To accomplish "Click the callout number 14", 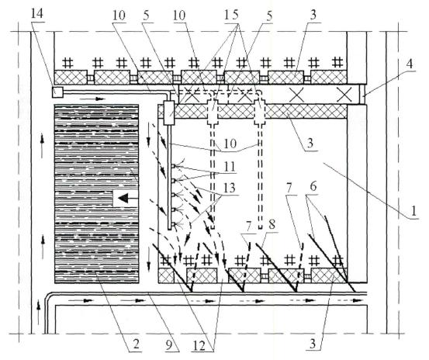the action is [x=37, y=14].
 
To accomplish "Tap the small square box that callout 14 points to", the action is [x=57, y=92].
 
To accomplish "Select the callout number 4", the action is [x=410, y=64].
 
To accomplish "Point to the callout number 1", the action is [x=414, y=211].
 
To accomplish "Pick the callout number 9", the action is [x=169, y=344].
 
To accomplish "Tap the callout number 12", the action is [x=199, y=346].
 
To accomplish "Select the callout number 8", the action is [x=272, y=226].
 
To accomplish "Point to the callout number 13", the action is [x=230, y=188].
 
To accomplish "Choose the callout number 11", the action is [x=230, y=167].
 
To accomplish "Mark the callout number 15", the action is [x=231, y=15].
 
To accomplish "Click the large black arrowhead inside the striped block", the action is [x=123, y=198].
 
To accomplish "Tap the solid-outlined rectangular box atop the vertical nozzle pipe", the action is [x=168, y=113].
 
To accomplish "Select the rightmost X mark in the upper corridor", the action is [x=344, y=95].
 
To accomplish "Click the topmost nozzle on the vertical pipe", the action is [x=173, y=166].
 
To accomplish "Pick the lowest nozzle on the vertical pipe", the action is [x=173, y=225].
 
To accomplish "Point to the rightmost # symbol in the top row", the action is [x=337, y=62].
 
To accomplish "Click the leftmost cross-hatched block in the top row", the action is [x=71, y=77].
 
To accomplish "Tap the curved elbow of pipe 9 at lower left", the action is [x=48, y=296].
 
